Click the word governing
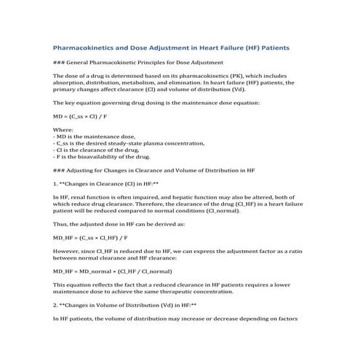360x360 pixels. [116, 103]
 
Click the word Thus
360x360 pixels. [61, 225]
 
